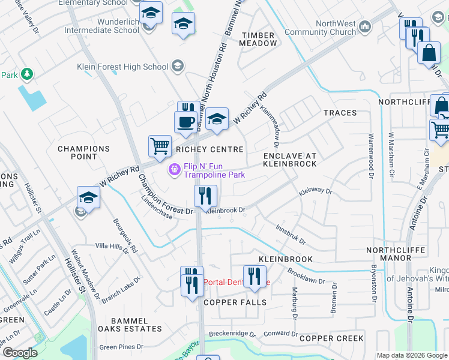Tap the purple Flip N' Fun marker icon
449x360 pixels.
[x=175, y=170]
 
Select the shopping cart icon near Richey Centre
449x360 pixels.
[x=160, y=146]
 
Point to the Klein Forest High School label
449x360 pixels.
[x=123, y=67]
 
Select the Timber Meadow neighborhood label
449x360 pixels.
[x=259, y=40]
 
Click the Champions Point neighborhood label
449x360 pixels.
[x=84, y=152]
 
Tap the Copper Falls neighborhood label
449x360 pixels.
[x=235, y=302]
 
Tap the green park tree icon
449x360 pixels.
[x=26, y=74]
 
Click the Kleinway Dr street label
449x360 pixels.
[x=315, y=191]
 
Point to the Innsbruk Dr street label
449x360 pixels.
[x=291, y=235]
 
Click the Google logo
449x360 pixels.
[x=20, y=353]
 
